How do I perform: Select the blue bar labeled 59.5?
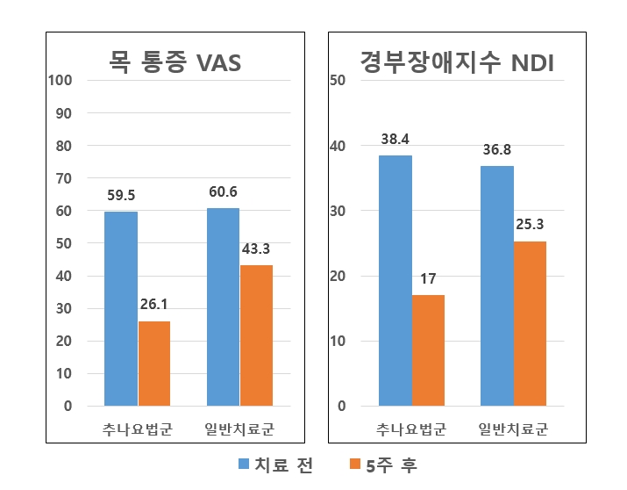[121, 308]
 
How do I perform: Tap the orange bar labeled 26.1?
[154, 364]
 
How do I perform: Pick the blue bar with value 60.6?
[223, 306]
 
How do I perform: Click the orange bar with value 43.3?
[256, 335]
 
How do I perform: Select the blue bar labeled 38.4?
[395, 280]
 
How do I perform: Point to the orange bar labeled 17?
[428, 350]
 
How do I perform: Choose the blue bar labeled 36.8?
[497, 285]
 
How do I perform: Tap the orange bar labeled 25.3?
[530, 323]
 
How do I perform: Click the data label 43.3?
[256, 249]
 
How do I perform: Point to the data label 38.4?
[395, 139]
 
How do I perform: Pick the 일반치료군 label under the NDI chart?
[513, 429]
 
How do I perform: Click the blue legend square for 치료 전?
[244, 465]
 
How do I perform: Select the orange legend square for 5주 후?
[355, 465]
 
